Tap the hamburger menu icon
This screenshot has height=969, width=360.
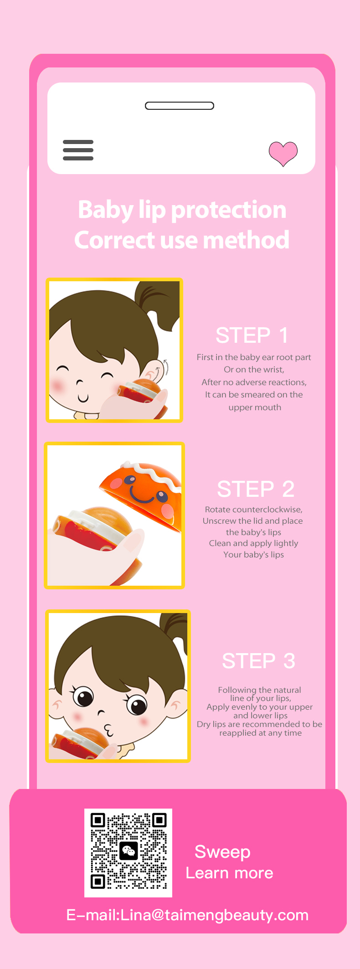[78, 150]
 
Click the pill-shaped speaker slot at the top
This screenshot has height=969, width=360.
[180, 106]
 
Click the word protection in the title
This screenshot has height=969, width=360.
[229, 210]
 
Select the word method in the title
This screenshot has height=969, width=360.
[246, 240]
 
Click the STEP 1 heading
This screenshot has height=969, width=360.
[252, 335]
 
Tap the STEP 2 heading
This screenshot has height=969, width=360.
[256, 489]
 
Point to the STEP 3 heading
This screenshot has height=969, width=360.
[258, 661]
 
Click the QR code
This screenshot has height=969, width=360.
[129, 852]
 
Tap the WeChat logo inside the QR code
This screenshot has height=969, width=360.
[129, 851]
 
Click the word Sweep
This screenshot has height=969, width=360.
[222, 852]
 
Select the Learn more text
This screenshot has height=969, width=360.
[229, 873]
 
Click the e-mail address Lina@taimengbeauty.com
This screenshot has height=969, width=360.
[215, 915]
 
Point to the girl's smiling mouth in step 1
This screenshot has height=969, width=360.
[82, 398]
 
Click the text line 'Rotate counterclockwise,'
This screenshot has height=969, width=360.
[253, 510]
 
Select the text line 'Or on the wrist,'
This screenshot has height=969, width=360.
[254, 370]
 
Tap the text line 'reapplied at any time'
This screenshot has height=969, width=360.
[260, 733]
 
